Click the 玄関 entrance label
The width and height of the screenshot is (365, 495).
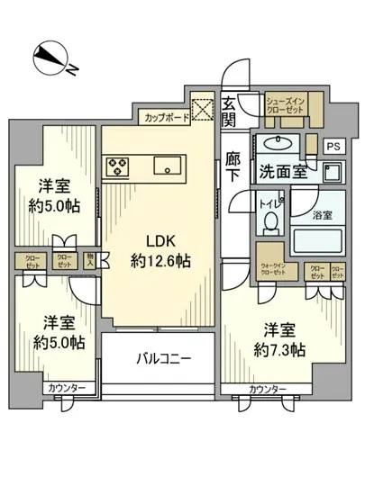pos(230,111)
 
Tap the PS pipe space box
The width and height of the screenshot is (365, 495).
pos(333,145)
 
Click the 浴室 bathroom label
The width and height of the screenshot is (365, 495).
pos(323,216)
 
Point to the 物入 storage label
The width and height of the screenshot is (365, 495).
pos(90,260)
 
